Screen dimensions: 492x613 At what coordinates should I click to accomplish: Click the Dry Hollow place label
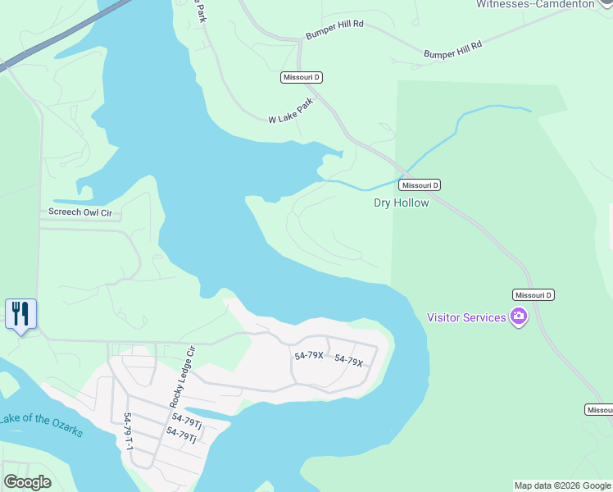coord(401,203)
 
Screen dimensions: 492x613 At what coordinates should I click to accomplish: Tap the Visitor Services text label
coord(466,317)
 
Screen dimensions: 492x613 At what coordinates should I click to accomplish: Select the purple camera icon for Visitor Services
coord(518,317)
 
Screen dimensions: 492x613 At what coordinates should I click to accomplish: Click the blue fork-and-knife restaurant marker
coord(20,313)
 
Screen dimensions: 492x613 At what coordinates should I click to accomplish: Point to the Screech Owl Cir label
coord(80,213)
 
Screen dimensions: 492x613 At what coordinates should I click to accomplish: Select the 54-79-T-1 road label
coord(129,434)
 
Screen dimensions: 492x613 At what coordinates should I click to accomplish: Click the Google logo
coord(27,482)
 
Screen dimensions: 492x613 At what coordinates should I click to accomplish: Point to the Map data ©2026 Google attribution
coord(562,485)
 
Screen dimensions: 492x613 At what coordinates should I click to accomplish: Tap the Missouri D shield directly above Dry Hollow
coord(420,185)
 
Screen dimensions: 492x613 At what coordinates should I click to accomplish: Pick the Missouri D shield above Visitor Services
coord(534,294)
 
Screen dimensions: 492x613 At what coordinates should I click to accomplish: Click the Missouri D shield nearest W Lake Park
coord(301,77)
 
